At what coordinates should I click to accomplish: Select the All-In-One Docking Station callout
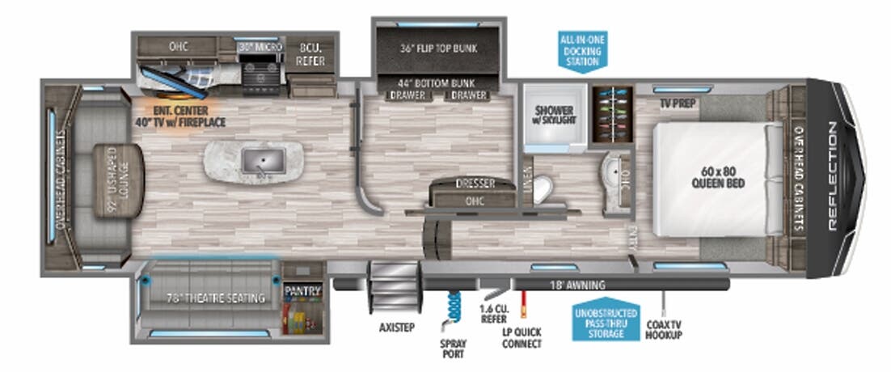pos(582,50)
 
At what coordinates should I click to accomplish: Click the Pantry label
pos(302,291)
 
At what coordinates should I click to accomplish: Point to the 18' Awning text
pos(578,285)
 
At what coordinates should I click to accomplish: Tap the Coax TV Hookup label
pos(664,330)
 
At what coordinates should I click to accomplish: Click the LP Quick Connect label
pos(521,337)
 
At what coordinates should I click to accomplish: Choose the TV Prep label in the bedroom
pos(678,103)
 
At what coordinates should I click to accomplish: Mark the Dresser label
pos(475,184)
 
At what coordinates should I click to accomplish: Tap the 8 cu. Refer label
pos(311,53)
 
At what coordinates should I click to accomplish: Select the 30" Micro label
pos(260,48)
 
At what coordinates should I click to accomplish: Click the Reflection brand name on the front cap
pos(832,177)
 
